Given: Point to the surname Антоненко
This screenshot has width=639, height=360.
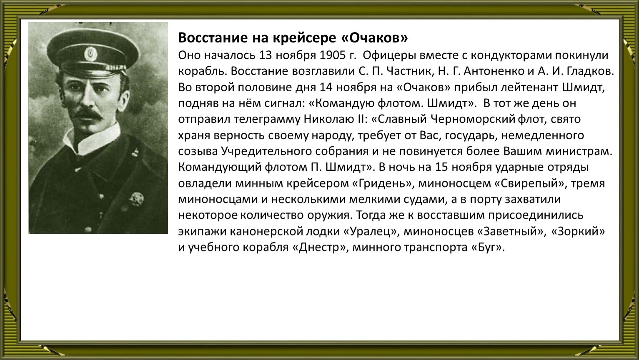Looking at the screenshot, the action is (494, 71).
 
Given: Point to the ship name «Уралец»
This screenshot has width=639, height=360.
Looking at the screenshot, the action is (371, 231).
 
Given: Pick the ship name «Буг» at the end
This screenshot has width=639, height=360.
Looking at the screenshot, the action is (486, 247).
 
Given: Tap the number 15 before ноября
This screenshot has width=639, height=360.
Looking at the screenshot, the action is (441, 167).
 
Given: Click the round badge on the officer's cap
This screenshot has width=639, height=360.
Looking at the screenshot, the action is (91, 54).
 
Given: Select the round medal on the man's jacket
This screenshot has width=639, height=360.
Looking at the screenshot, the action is (136, 199).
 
